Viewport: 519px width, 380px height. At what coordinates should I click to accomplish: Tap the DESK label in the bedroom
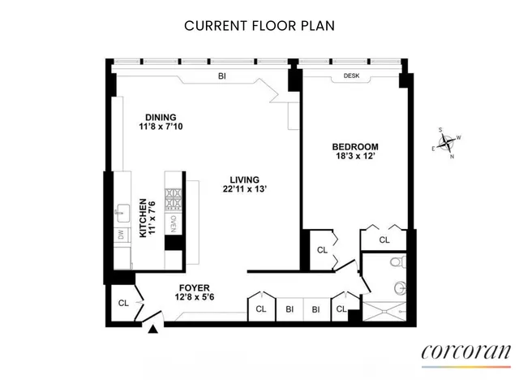point(351,76)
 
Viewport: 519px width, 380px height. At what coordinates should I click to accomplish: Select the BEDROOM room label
point(354,147)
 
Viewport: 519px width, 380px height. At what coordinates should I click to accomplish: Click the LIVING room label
point(243,179)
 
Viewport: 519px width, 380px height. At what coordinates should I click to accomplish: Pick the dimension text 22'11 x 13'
point(243,189)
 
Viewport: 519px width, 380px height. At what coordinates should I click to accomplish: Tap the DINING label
point(161,116)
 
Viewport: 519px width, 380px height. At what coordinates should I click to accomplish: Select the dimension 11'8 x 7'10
point(161,126)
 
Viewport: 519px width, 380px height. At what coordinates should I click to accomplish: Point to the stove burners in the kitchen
point(174,197)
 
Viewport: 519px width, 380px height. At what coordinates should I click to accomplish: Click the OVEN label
point(174,221)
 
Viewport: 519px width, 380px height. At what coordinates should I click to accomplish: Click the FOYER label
point(195,287)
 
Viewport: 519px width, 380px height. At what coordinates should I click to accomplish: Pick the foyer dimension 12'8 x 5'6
point(195,297)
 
